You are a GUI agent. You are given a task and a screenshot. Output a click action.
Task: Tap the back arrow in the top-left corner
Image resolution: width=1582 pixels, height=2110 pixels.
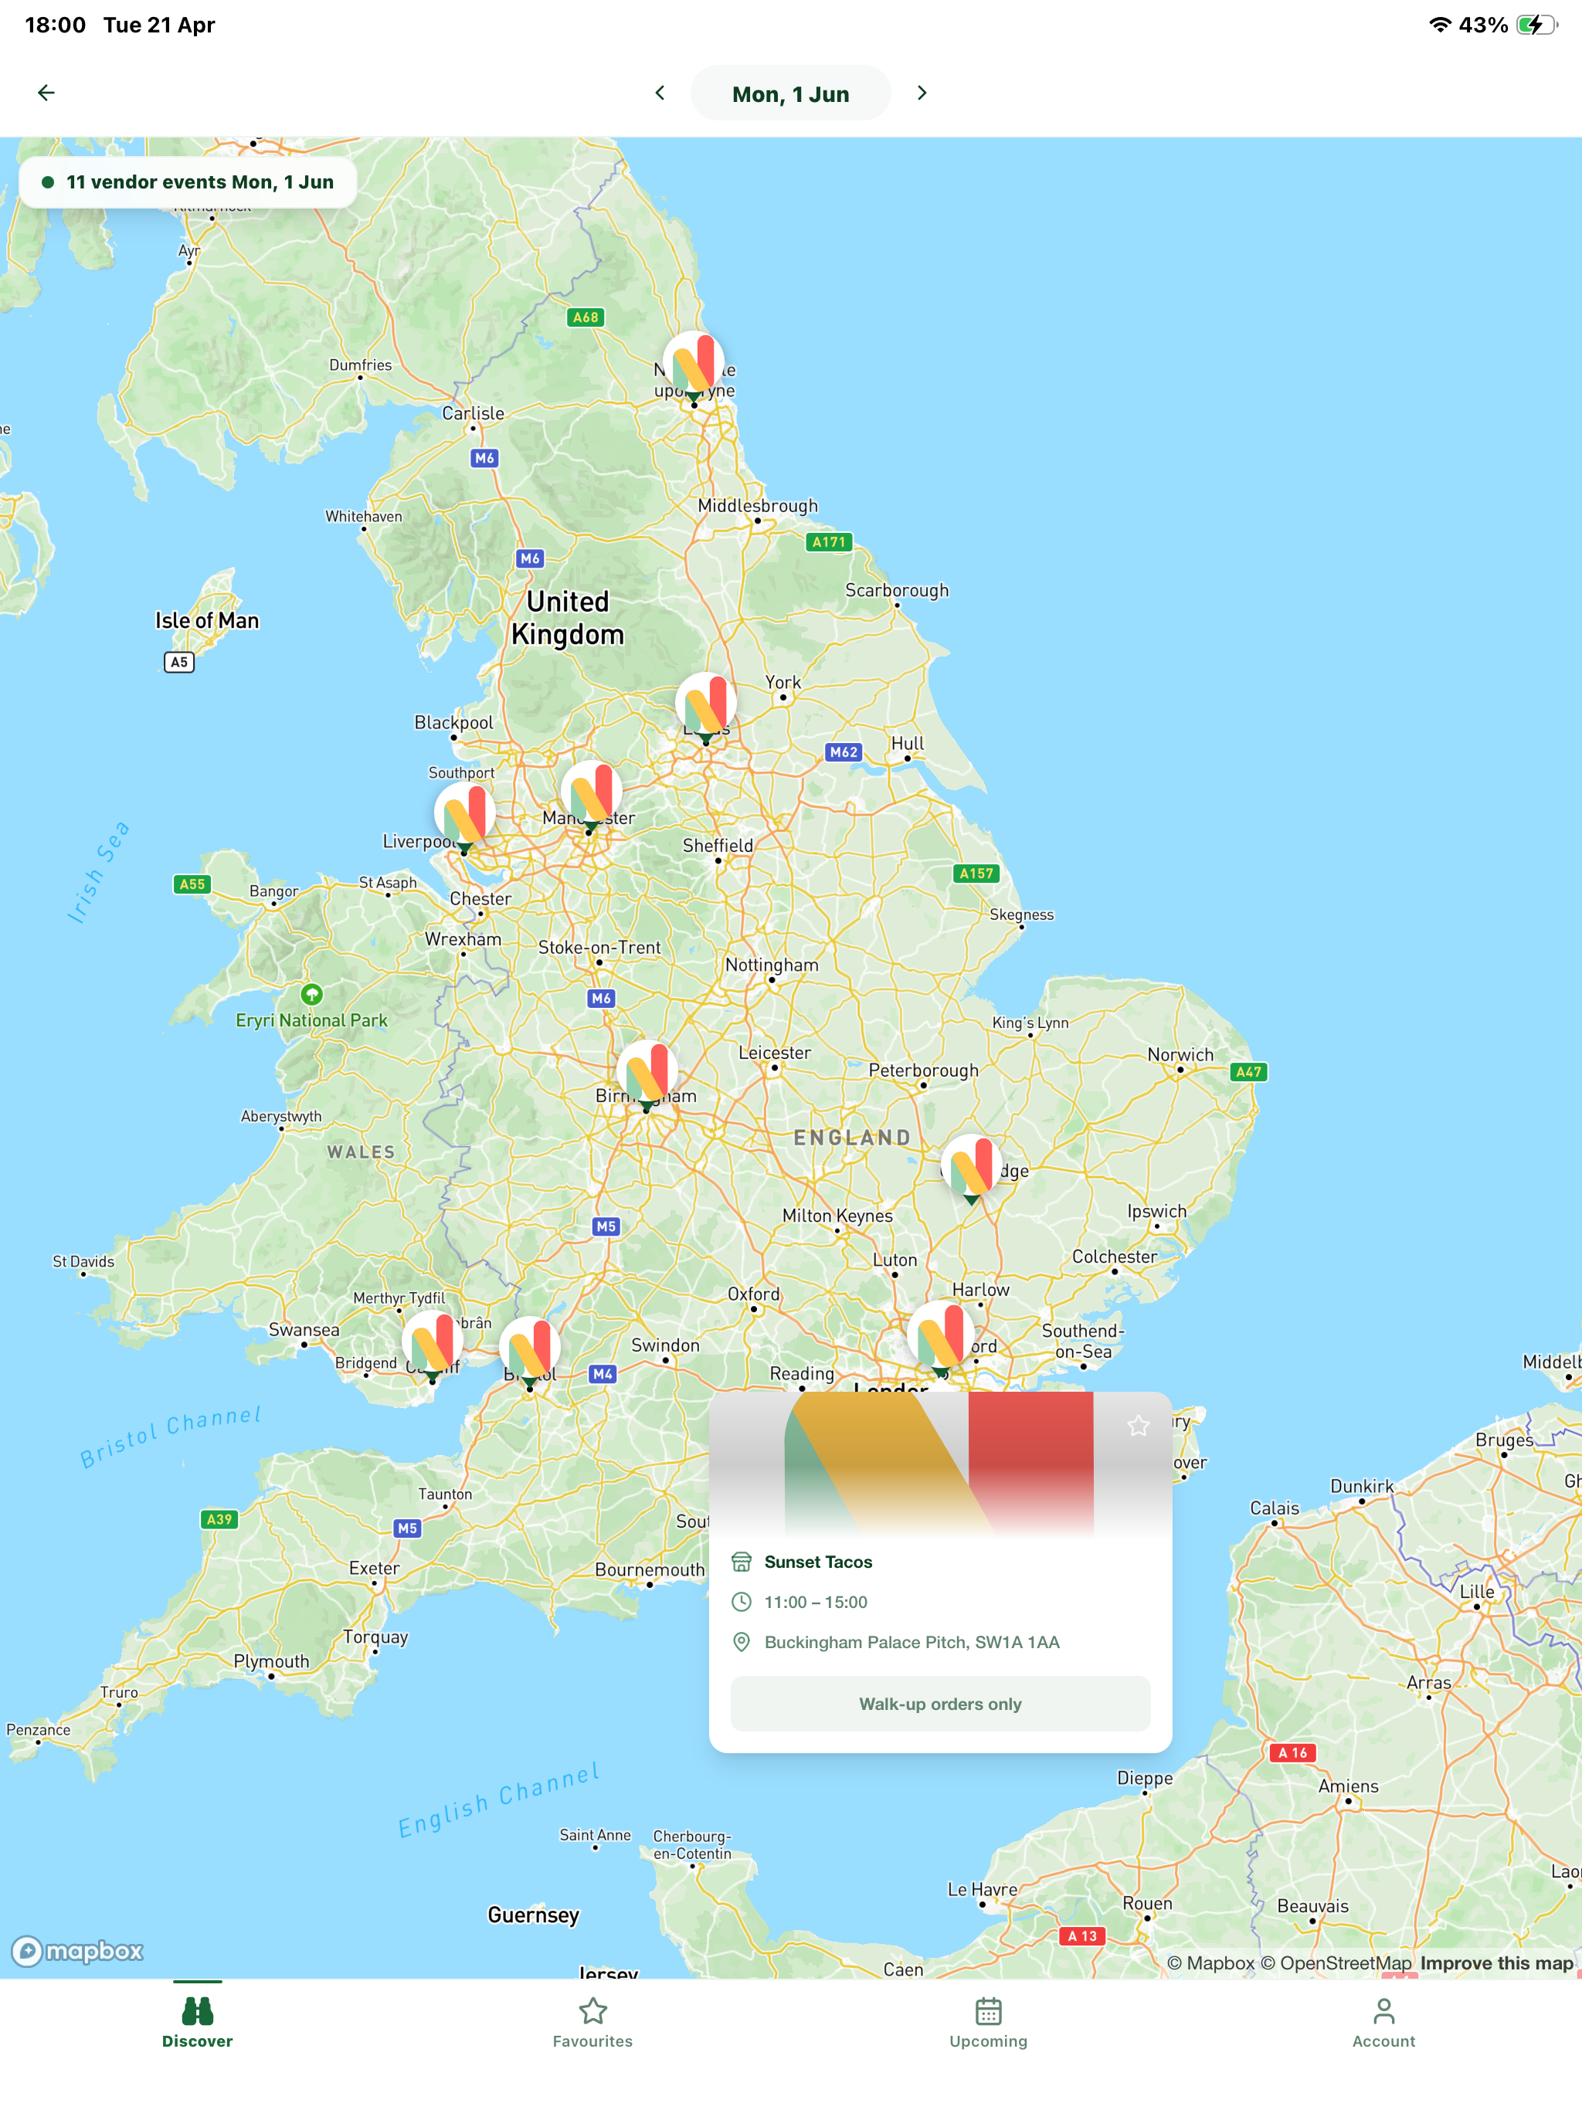[46, 93]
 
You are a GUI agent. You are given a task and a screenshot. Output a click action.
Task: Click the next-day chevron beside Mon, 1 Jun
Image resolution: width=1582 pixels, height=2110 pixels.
[921, 93]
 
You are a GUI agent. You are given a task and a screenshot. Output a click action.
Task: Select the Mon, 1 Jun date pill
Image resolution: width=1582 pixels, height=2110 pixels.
[790, 93]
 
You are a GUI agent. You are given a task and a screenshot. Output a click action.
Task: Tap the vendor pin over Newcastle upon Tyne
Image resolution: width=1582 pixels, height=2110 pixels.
[694, 365]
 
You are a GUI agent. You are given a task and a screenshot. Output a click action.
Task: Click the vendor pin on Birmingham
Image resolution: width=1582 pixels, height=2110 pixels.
[647, 1073]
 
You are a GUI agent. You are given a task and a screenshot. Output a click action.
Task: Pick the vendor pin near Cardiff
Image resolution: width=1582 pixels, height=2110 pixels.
[433, 1342]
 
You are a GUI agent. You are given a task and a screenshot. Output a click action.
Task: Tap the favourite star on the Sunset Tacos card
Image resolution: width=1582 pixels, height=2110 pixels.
[1139, 1425]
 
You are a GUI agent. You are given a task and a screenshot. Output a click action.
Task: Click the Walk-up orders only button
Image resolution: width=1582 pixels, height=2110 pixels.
[940, 1704]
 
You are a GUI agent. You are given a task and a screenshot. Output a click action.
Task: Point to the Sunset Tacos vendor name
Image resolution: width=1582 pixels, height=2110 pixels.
[818, 1562]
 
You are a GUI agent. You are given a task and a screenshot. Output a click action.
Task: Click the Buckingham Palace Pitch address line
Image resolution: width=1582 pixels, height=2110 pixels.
[912, 1642]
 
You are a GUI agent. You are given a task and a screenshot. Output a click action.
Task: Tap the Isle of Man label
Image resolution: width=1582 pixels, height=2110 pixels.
[207, 621]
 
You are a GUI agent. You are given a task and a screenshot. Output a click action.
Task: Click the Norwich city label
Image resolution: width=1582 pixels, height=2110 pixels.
[1180, 1054]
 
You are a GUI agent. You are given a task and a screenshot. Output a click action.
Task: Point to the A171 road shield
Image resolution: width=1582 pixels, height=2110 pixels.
[828, 542]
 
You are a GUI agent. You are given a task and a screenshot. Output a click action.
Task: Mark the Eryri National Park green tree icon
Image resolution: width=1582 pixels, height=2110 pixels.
[311, 994]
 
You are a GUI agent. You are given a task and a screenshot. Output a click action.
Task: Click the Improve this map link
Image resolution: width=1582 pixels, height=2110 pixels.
[1495, 1962]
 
